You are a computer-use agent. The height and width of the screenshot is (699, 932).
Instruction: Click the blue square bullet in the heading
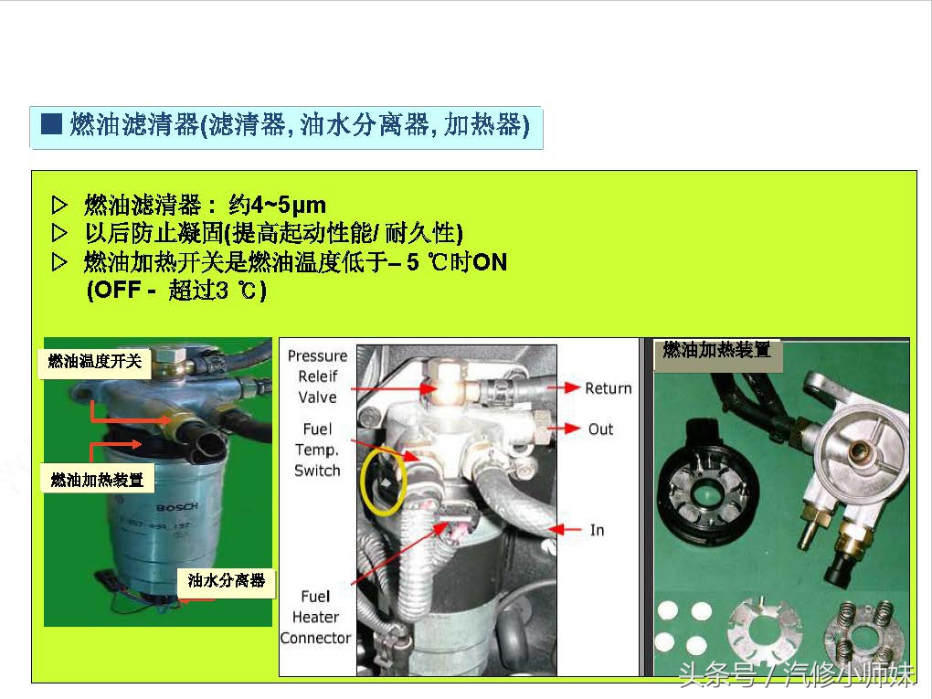[x=51, y=125]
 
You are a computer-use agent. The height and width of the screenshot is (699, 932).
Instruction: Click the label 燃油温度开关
[x=95, y=362]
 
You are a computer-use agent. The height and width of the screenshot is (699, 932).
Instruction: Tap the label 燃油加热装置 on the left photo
[x=98, y=479]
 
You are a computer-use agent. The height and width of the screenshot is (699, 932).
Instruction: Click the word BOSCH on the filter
[x=170, y=507]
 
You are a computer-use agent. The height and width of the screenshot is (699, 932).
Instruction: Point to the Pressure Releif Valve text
[x=317, y=376]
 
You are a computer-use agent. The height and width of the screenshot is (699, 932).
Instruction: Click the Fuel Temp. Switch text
[x=317, y=450]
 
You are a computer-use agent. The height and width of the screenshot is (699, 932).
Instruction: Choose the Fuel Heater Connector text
[x=315, y=617]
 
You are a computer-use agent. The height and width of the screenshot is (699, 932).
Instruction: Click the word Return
[x=609, y=388]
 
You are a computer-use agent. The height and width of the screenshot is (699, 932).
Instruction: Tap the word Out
[x=601, y=429]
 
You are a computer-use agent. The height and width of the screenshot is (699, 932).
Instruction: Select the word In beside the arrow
[x=598, y=530]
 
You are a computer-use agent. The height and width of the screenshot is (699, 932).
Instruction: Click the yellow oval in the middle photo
[x=383, y=480]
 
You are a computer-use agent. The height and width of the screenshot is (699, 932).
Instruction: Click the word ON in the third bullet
[x=490, y=263]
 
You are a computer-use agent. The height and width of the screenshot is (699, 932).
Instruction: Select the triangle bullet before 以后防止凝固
[x=60, y=233]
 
